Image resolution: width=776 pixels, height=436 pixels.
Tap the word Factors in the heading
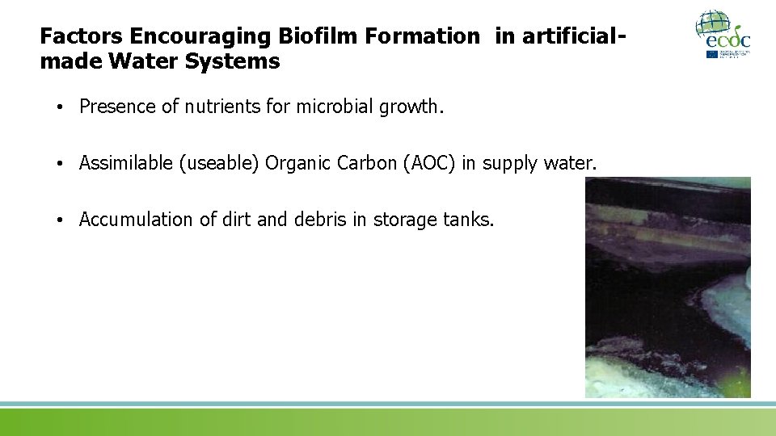[x=78, y=36]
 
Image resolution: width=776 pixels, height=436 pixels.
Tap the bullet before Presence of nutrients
[x=61, y=107]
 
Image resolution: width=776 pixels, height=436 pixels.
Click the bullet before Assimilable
[x=61, y=164]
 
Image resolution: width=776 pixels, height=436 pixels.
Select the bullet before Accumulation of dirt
[x=61, y=220]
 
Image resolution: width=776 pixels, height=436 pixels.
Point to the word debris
[x=319, y=220]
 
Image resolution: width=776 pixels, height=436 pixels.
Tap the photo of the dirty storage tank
[x=668, y=287]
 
